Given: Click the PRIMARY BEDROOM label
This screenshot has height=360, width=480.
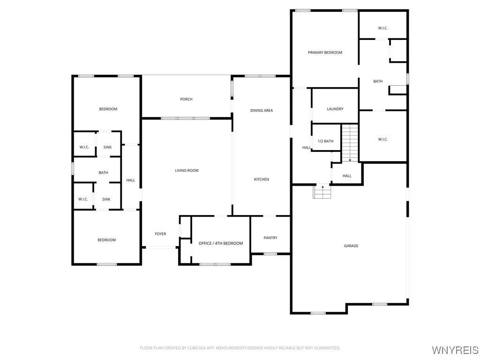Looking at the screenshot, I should [x=325, y=52].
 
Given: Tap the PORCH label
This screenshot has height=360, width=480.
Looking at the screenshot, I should [x=186, y=99].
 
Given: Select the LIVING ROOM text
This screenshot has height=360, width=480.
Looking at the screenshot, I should [x=187, y=171].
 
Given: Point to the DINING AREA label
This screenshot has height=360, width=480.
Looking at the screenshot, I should [x=261, y=111].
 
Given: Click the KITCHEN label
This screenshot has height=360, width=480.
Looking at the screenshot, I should [x=261, y=180].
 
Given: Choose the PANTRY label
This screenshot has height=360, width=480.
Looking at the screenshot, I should [x=270, y=238].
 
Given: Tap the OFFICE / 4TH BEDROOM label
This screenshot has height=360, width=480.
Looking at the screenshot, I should [x=221, y=244].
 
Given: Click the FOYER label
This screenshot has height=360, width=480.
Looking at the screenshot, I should [x=160, y=234].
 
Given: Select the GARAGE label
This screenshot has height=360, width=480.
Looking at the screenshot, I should [x=351, y=246].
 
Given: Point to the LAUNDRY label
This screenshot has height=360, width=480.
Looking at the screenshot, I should [x=335, y=109].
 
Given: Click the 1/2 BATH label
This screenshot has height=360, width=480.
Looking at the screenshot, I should [x=325, y=142].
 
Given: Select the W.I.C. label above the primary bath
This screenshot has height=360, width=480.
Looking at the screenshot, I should [x=382, y=28].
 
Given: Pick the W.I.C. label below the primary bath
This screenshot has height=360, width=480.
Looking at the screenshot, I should [x=382, y=139].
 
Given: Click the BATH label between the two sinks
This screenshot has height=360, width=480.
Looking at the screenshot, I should [x=103, y=173].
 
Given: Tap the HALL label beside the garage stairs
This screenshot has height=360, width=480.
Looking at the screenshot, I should [x=347, y=176].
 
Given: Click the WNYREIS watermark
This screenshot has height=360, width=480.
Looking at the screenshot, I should [x=455, y=350].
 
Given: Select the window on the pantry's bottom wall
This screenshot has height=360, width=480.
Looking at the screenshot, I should [x=270, y=254].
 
